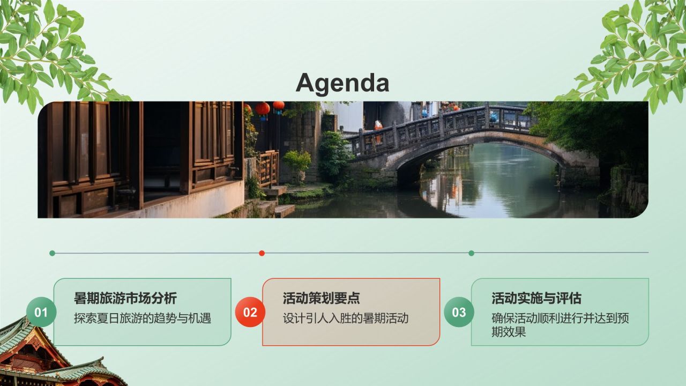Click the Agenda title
[342, 83]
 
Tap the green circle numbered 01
[41, 312]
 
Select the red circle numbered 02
[250, 312]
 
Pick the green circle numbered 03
[459, 312]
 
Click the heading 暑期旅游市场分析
[125, 298]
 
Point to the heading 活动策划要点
[322, 298]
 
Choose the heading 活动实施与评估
[536, 298]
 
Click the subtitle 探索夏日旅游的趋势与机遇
[143, 318]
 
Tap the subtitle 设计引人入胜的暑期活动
[346, 318]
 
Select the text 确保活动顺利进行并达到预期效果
[560, 324]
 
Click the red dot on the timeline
[262, 253]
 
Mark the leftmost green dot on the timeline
[52, 253]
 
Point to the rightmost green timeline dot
[471, 253]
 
